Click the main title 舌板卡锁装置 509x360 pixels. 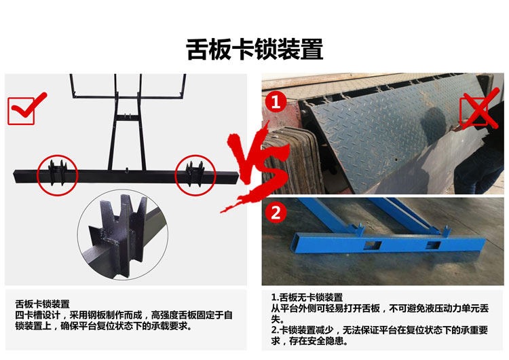click(254, 50)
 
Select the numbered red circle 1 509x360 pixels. click(276, 102)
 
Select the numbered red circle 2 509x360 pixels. click(276, 213)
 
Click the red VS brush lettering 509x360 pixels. click(257, 169)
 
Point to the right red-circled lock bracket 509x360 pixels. click(195, 174)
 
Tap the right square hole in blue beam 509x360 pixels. click(434, 246)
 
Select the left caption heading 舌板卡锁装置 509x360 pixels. click(43, 304)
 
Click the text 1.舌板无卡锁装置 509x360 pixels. click(307, 297)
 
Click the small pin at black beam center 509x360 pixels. click(127, 170)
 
